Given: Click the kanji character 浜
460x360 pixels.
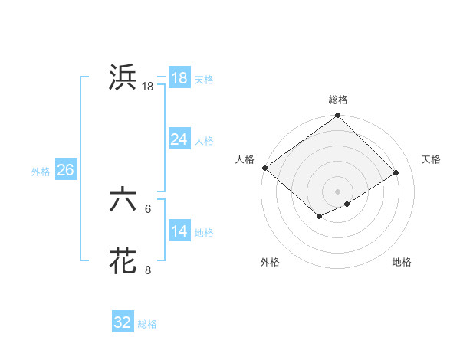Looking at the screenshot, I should click(x=123, y=77).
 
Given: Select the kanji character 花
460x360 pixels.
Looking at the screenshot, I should click(x=123, y=260).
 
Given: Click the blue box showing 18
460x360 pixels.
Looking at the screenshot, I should click(x=179, y=77).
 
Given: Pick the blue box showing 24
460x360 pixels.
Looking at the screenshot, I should click(x=179, y=139).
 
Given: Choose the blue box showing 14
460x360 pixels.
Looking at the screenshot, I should click(x=179, y=231).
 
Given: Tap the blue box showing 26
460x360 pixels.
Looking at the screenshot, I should click(x=65, y=169).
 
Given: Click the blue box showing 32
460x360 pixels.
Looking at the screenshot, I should click(x=123, y=322).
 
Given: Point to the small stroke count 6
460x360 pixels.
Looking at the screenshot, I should click(x=148, y=208).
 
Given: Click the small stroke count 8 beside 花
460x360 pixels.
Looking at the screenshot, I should click(x=148, y=270).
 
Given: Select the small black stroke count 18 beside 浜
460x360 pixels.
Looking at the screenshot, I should click(x=148, y=87).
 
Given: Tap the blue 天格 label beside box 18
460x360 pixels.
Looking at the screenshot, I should click(x=204, y=79).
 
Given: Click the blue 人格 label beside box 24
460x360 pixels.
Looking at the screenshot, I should click(x=204, y=140).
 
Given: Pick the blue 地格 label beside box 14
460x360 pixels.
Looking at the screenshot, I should click(x=204, y=232).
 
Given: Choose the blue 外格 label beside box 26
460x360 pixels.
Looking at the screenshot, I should click(x=41, y=171).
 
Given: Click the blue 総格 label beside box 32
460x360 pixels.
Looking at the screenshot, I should click(x=147, y=324).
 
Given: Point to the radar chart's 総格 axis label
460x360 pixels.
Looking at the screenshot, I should click(x=337, y=100).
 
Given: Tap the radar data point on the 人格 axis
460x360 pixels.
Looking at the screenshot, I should click(x=264, y=168).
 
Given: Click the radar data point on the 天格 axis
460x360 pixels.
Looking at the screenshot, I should click(x=396, y=172).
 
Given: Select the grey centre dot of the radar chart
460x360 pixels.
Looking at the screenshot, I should click(x=337, y=191).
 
